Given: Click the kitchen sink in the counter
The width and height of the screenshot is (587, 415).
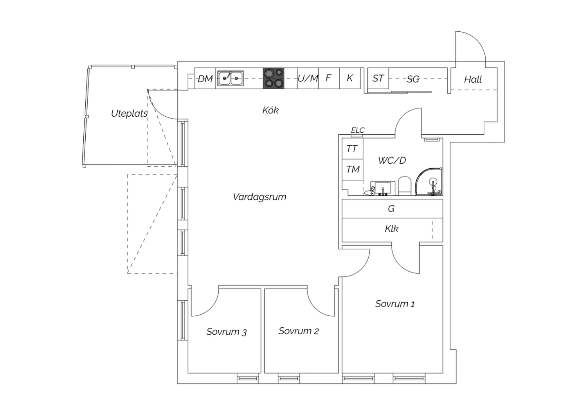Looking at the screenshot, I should [x=230, y=78].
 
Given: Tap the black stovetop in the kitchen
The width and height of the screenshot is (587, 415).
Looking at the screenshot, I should [x=274, y=78].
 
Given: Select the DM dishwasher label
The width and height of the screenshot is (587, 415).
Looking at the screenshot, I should [x=205, y=79].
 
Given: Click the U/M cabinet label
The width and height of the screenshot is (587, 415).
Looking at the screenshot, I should [x=308, y=78].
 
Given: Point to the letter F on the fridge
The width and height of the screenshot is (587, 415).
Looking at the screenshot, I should [x=328, y=78].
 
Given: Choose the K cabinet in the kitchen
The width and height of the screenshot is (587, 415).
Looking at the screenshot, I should [x=350, y=78].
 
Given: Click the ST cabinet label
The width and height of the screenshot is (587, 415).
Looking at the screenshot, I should [x=378, y=78].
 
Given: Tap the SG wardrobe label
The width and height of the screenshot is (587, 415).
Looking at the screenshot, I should [x=413, y=79].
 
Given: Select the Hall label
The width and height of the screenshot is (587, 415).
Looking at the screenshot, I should [x=473, y=79].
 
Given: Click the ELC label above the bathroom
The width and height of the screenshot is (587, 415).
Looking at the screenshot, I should [x=358, y=130].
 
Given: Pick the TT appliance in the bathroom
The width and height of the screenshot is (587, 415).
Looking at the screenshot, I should [x=352, y=149].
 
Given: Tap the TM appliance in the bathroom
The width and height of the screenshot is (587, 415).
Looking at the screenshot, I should [x=353, y=170].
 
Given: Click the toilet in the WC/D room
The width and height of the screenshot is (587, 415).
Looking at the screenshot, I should [x=405, y=186].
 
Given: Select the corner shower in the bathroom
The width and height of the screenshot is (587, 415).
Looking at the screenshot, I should [x=430, y=182].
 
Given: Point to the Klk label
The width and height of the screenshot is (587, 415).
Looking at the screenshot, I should [x=392, y=229].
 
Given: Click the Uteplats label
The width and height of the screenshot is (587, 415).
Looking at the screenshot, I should [x=129, y=114].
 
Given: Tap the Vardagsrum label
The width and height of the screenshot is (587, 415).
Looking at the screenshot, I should [x=259, y=197].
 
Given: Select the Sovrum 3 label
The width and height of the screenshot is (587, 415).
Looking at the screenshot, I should [x=227, y=332].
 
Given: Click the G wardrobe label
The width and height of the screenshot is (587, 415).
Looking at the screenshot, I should [x=391, y=209].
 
